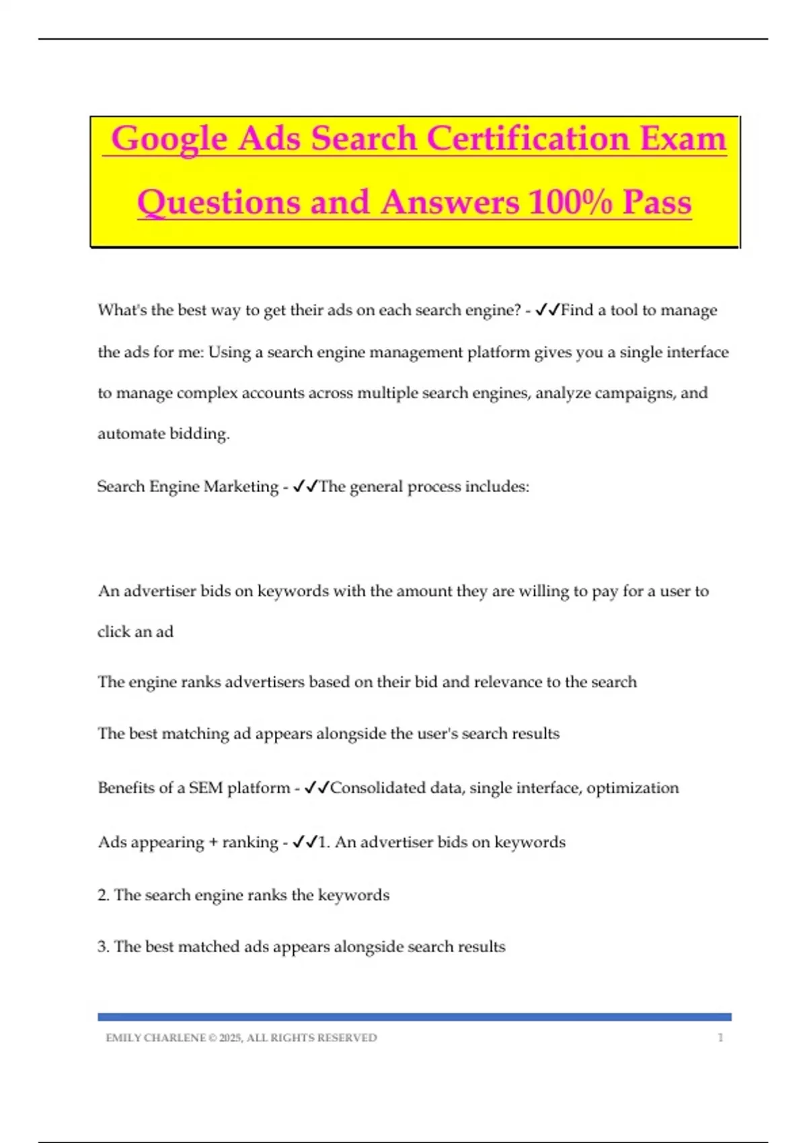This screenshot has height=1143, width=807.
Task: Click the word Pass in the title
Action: pos(657,202)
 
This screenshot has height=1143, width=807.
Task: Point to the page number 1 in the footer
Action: pos(720,1037)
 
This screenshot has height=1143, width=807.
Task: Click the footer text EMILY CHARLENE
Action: pos(155,1037)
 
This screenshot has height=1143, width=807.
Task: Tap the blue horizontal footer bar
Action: pos(414,1017)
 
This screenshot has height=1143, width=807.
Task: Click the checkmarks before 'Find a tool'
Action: pos(548,310)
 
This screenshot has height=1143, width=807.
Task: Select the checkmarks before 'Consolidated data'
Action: pos(317,787)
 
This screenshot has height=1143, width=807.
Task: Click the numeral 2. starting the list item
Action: pos(104,895)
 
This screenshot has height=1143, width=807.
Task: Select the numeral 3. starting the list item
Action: pos(104,947)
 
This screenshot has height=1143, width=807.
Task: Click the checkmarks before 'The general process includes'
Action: pos(305,486)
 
